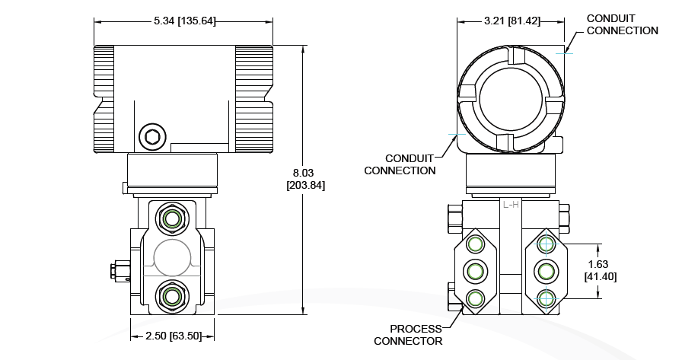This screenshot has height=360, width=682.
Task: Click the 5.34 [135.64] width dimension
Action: coord(183,21)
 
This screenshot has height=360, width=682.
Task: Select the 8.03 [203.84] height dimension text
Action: coord(304,178)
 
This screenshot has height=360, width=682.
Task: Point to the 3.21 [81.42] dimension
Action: coord(511,21)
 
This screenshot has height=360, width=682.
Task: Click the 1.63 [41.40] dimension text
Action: coord(600,270)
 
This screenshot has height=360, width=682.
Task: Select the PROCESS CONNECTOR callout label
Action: coord(408,335)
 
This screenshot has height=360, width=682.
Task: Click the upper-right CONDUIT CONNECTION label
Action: coord(623,24)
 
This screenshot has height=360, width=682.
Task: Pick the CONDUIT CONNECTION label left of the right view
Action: coord(400,164)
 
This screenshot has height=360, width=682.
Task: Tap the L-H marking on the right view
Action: coord(510,205)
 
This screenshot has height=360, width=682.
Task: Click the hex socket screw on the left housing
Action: coord(151,138)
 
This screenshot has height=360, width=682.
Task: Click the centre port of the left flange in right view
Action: coord(475,270)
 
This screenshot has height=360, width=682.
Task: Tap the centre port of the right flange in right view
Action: coord(545,270)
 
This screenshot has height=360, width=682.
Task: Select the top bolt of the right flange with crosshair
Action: coord(545,244)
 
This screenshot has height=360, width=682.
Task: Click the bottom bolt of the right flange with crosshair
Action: coord(545,298)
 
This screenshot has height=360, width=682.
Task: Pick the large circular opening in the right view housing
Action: coord(511,99)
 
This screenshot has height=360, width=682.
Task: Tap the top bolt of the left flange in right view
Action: coord(475,244)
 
